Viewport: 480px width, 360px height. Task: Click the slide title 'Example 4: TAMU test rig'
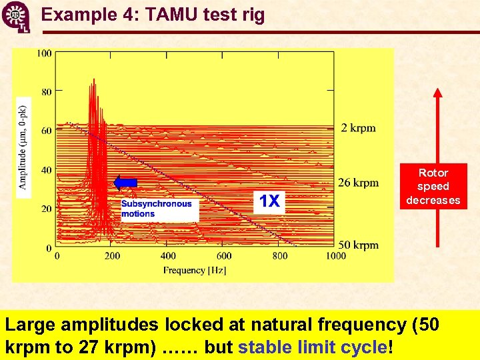pyautogui.click(x=153, y=14)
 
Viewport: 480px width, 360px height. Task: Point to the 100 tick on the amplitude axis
pyautogui.click(x=44, y=53)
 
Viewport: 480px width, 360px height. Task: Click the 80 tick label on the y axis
pyautogui.click(x=46, y=92)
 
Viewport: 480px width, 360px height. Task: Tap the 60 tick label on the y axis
pyautogui.click(x=46, y=131)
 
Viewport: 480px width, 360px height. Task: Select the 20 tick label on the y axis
pyautogui.click(x=46, y=209)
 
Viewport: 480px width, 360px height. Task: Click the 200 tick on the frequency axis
pyautogui.click(x=112, y=256)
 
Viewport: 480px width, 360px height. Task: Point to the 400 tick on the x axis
pyautogui.click(x=168, y=256)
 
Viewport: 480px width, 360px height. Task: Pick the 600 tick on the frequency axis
pyautogui.click(x=224, y=256)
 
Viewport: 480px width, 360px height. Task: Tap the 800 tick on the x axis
pyautogui.click(x=280, y=256)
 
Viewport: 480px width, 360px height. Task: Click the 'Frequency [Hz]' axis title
pyautogui.click(x=195, y=270)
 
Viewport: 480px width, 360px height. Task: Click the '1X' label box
pyautogui.click(x=269, y=201)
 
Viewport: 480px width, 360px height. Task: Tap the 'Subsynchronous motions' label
pyautogui.click(x=157, y=209)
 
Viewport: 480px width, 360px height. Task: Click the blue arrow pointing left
pyautogui.click(x=125, y=183)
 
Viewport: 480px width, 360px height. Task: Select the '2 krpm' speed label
pyautogui.click(x=358, y=128)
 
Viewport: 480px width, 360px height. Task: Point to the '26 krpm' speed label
pyautogui.click(x=358, y=183)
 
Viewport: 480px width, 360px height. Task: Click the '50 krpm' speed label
pyautogui.click(x=358, y=245)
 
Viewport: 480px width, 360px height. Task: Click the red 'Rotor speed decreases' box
pyautogui.click(x=433, y=187)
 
